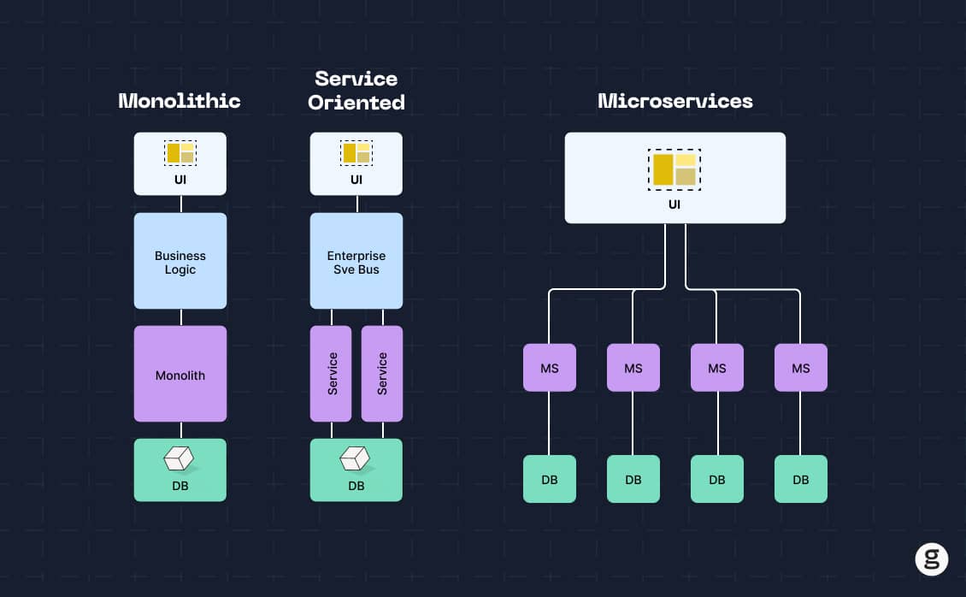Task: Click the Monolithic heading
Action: tap(180, 101)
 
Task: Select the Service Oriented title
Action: tap(356, 91)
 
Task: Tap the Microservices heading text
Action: tap(674, 101)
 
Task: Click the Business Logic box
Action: tap(180, 262)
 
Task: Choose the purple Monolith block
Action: tap(180, 375)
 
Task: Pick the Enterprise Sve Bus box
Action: tap(356, 262)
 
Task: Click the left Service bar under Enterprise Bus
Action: tap(332, 374)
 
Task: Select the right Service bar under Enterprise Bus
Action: tap(381, 374)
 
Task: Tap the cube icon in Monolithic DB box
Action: tap(180, 460)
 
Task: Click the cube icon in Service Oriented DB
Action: tap(355, 460)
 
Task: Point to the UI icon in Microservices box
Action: tap(674, 168)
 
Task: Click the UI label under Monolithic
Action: tap(180, 180)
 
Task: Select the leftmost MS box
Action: tap(549, 368)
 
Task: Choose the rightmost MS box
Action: tap(800, 368)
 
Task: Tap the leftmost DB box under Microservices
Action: tap(549, 479)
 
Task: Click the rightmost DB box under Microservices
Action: tap(800, 479)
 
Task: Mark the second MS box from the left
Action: tap(633, 368)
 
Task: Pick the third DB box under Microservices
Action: tap(716, 479)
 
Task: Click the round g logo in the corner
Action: tap(931, 559)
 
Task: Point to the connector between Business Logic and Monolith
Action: tap(180, 317)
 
